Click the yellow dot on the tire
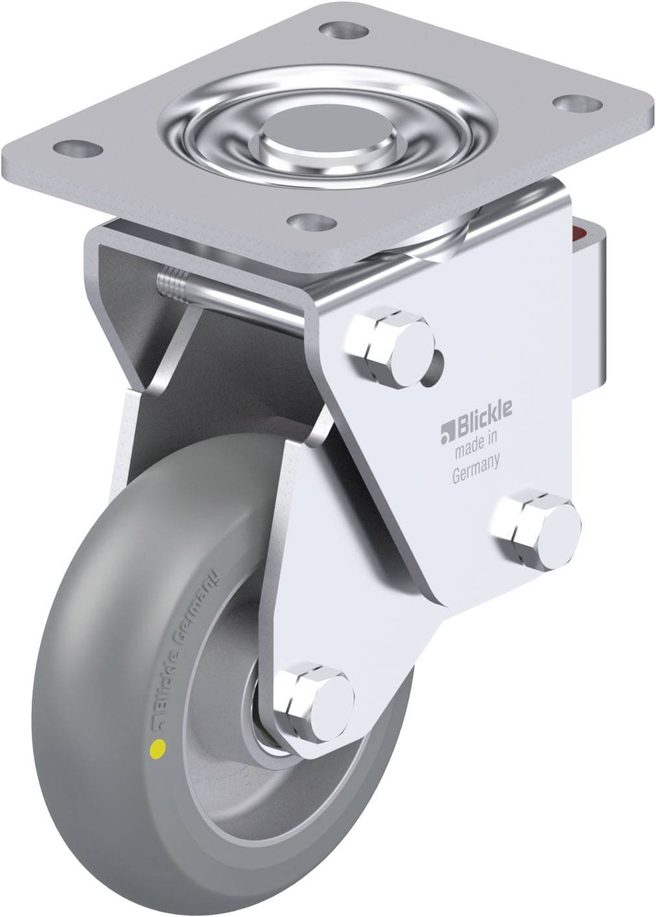click(156, 750)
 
